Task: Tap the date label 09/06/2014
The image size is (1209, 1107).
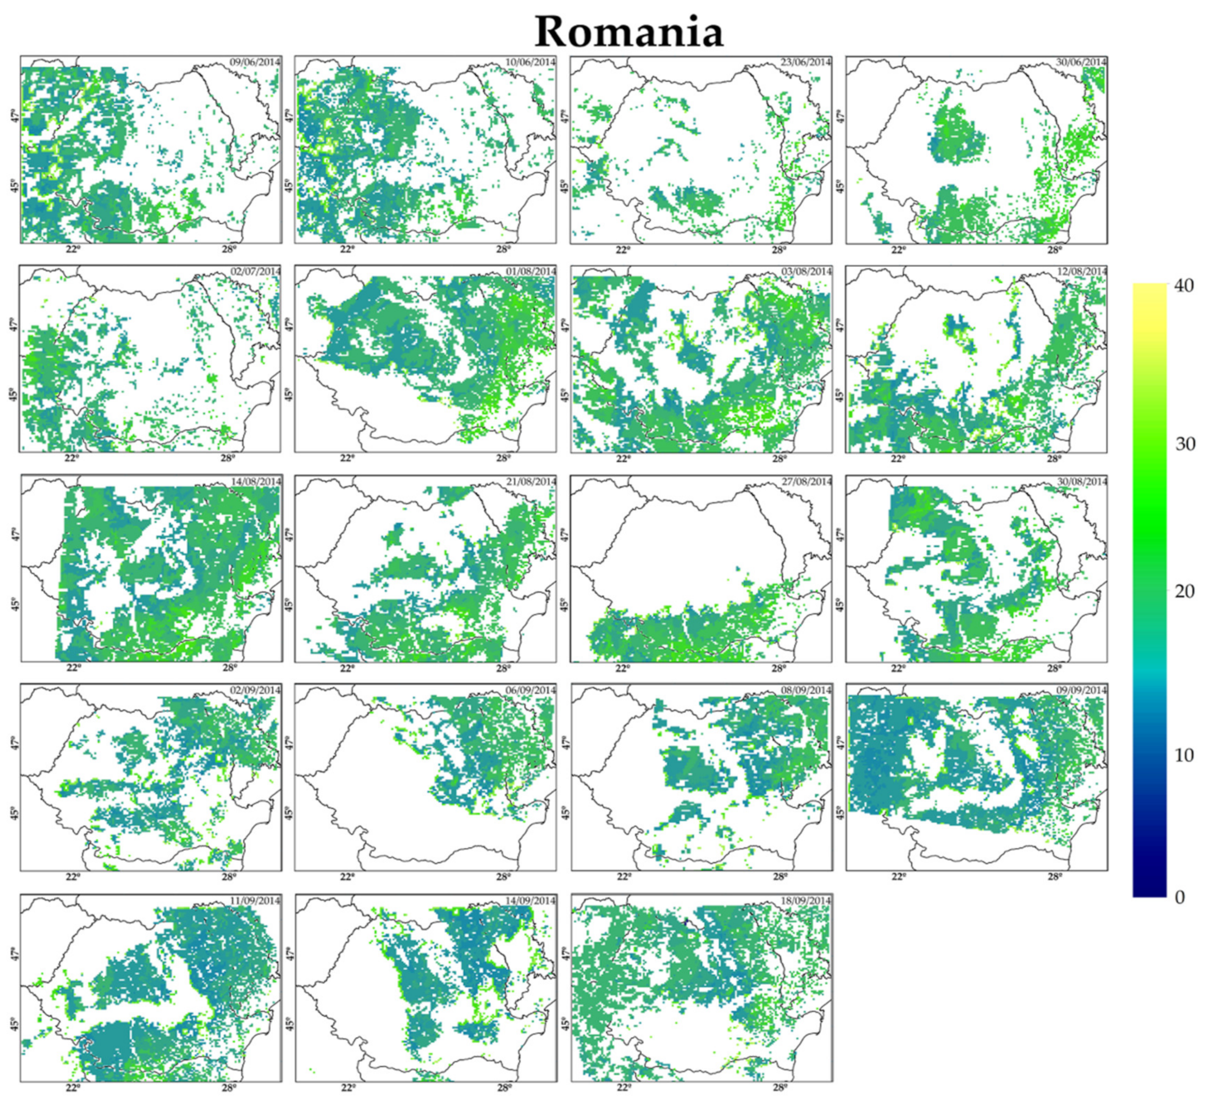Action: point(255,62)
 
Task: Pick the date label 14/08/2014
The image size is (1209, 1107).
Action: point(255,482)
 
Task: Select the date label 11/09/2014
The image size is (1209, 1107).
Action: point(255,901)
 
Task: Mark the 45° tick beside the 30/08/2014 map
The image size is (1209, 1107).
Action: point(840,605)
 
